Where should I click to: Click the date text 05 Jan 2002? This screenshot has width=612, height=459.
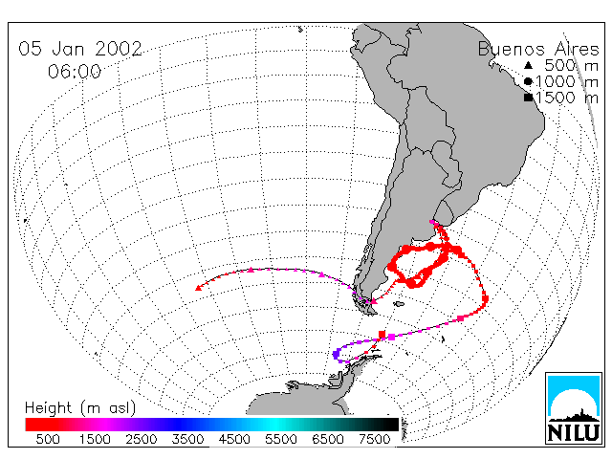80,49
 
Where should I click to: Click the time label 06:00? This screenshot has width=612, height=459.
75,72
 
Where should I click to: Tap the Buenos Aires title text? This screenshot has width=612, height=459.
538,49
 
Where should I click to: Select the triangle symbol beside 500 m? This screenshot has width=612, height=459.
528,65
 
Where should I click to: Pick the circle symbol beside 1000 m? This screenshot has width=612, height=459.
528,81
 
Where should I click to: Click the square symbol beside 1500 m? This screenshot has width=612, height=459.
529,98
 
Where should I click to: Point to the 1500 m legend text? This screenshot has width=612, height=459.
567,98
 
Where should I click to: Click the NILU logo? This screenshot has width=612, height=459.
574,408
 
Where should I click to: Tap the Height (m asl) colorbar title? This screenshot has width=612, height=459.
80,408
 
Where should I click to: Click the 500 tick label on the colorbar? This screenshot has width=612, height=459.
48,439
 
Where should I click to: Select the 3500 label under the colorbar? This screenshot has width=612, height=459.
187,439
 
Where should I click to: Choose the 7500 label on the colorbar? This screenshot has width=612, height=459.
374,439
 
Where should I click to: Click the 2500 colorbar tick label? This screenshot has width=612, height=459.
142,439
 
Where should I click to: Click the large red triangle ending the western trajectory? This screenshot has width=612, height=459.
198,288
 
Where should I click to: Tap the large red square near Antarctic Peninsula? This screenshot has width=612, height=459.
382,334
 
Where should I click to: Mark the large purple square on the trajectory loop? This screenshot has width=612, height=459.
336,355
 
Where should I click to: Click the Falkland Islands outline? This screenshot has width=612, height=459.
399,304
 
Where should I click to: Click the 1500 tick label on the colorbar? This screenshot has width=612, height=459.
95,439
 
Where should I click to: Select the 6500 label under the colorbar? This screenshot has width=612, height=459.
328,439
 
